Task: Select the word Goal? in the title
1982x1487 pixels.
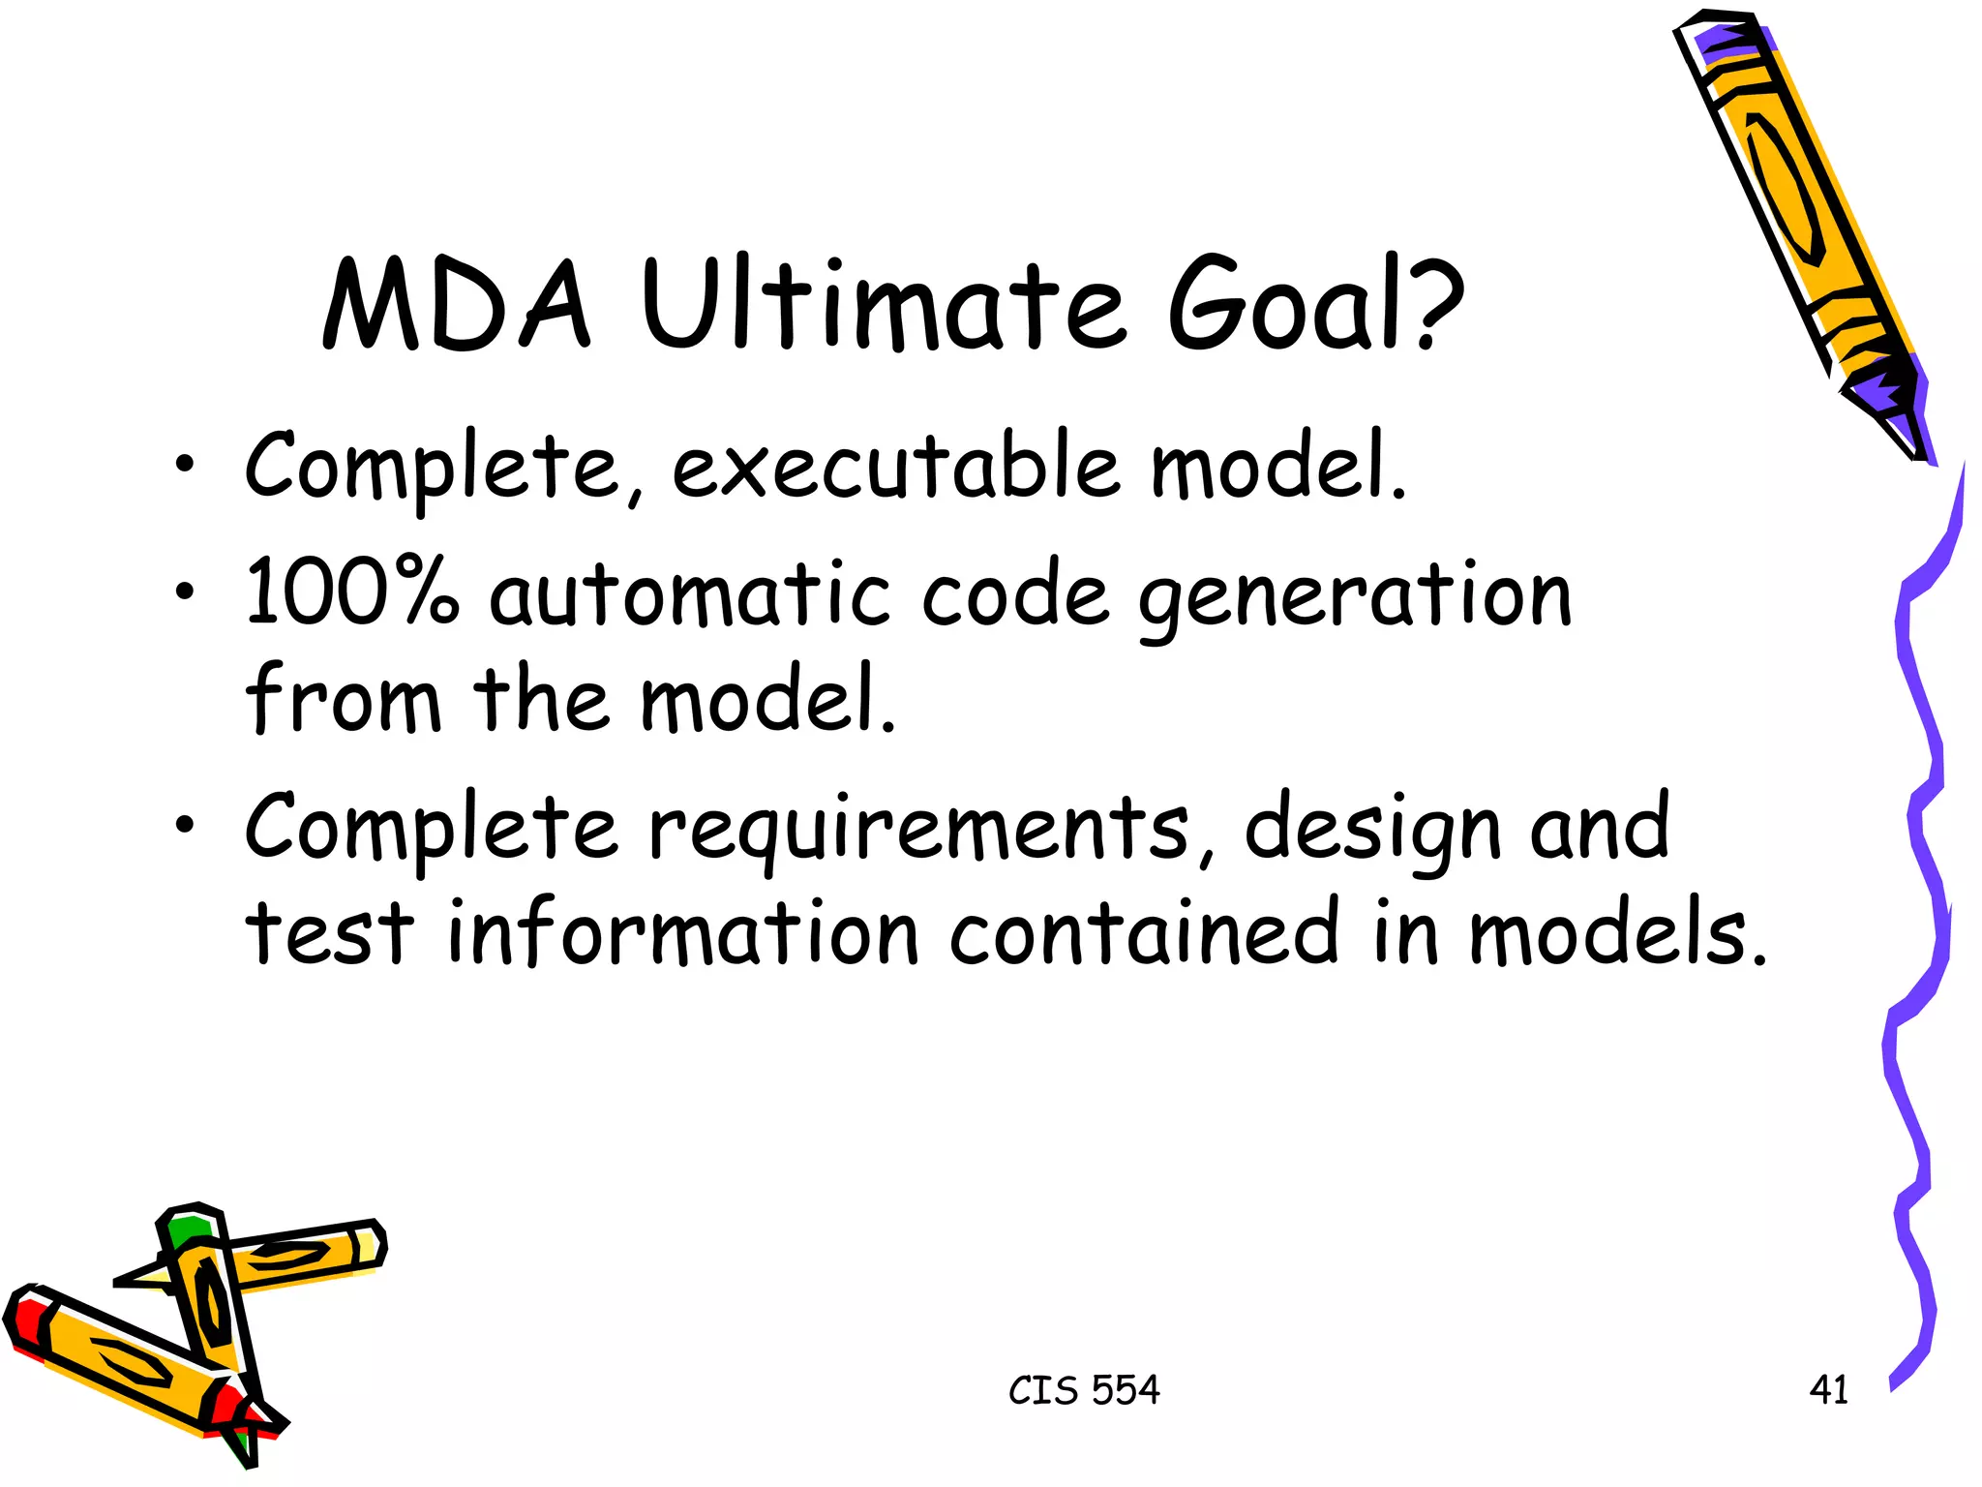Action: [1316, 306]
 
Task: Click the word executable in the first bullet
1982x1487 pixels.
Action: [895, 469]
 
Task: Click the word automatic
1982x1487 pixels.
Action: [688, 594]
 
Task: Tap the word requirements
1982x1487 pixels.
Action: [918, 831]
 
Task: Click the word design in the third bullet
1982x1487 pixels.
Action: [1371, 831]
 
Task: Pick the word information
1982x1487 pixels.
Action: [682, 933]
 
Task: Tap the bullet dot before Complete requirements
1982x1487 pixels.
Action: [185, 825]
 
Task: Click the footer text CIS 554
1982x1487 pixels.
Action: [1084, 1390]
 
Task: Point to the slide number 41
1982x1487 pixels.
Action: [1828, 1390]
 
